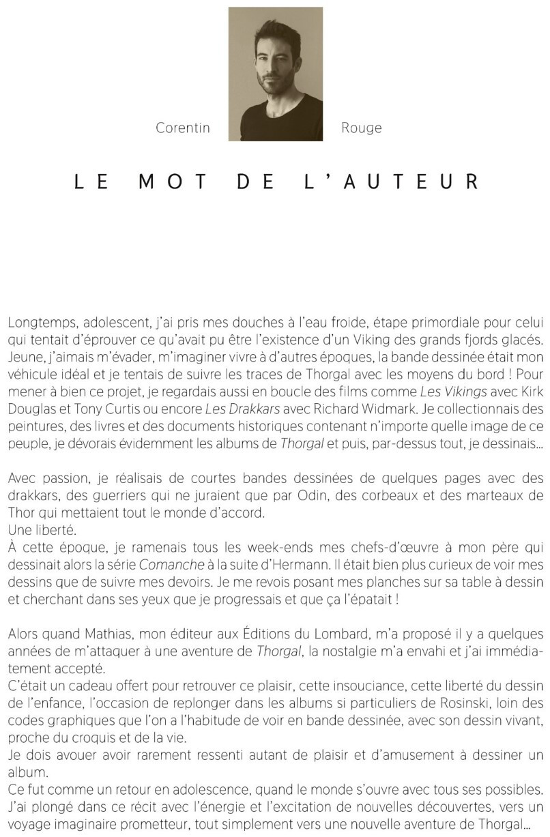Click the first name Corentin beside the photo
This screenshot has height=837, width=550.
click(x=183, y=128)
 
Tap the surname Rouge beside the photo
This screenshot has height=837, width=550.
click(x=361, y=128)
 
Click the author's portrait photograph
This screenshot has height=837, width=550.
click(x=276, y=74)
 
